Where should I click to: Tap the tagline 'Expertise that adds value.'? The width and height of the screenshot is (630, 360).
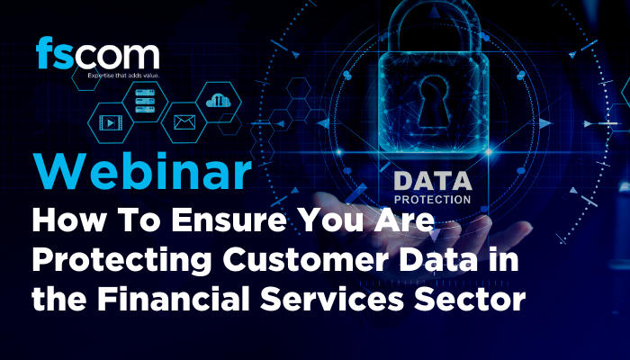[x=124, y=75]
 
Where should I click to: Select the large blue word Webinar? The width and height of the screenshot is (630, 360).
[x=142, y=171]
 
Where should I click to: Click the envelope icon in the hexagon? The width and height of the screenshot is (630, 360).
[x=184, y=122]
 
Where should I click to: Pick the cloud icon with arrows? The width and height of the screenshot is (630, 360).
[x=219, y=100]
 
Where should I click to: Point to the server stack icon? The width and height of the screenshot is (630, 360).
[x=145, y=101]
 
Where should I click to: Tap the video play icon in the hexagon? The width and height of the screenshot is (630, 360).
[x=111, y=122]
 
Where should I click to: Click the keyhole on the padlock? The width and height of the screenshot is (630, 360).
[x=434, y=102]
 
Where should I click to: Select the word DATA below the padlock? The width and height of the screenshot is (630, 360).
[x=433, y=181]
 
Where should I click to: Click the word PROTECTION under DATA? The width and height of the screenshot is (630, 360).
[x=432, y=200]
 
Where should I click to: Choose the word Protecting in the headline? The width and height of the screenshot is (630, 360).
[x=121, y=261]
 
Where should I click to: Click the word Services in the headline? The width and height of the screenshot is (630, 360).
[x=332, y=300]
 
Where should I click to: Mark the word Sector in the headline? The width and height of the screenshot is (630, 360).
[x=470, y=300]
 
